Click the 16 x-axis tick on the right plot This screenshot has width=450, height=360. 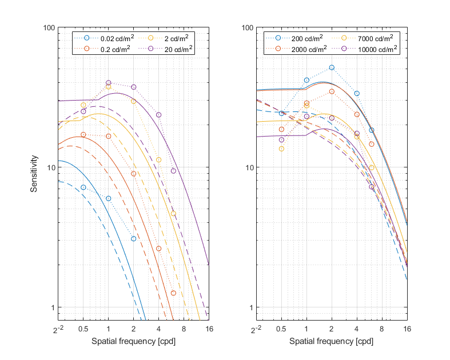tap(407, 330)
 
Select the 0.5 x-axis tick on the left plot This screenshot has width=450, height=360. tap(83, 330)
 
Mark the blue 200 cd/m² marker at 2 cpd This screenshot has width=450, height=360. tap(332, 67)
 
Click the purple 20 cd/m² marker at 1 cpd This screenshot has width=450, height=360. tap(109, 83)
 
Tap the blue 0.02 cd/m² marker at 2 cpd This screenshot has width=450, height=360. tap(133, 238)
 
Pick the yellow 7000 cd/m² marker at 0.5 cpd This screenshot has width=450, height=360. tap(281, 149)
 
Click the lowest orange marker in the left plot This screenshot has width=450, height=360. tap(173, 293)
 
